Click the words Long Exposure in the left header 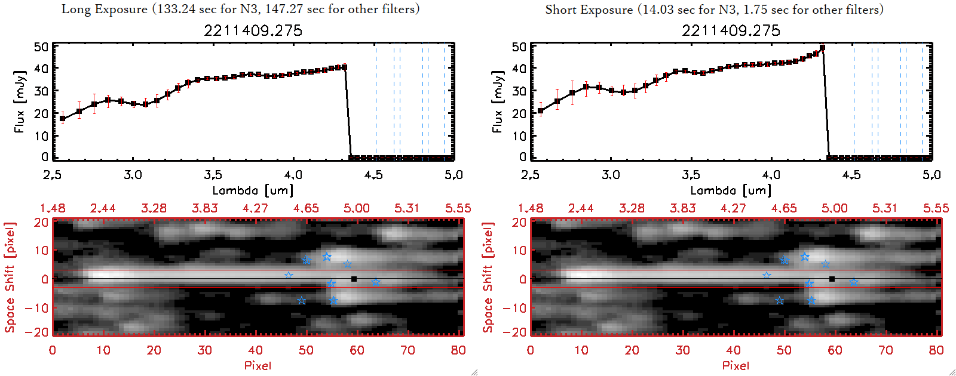click(105, 9)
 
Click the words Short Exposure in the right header click(589, 10)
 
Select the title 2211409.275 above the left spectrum click(253, 30)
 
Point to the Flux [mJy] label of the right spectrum click(498, 101)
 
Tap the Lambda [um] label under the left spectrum click(253, 190)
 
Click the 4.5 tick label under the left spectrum click(373, 175)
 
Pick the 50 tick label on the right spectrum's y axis click(519, 47)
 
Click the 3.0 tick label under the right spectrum click(611, 175)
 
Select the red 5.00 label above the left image click(357, 208)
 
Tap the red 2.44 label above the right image click(581, 208)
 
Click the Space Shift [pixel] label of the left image click(10, 278)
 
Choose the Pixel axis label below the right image click(736, 365)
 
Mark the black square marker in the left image click(354, 279)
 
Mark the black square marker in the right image click(832, 279)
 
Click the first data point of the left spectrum click(63, 119)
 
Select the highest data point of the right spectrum click(823, 48)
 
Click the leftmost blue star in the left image click(289, 275)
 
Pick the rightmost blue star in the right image click(854, 282)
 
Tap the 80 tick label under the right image click(936, 350)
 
